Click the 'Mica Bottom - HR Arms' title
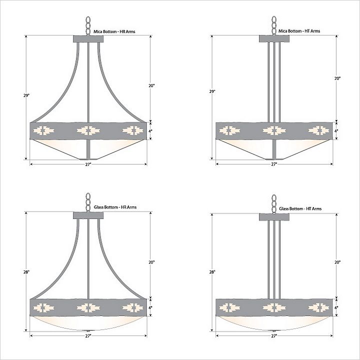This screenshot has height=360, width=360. tap(114, 31)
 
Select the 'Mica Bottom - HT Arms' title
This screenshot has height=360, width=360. tap(299, 31)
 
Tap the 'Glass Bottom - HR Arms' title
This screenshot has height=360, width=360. tap(115, 207)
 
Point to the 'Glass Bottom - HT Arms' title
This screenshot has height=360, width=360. tap(300, 208)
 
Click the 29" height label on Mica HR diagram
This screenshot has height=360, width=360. tap(26, 95)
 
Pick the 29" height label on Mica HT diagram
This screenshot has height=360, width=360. tap(212, 91)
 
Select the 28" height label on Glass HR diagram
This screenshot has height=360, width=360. tap(26, 272)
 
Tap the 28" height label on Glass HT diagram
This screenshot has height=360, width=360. tap(212, 272)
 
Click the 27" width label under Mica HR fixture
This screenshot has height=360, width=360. tap(88, 164)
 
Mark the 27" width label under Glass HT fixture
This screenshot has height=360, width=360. tap(274, 335)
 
